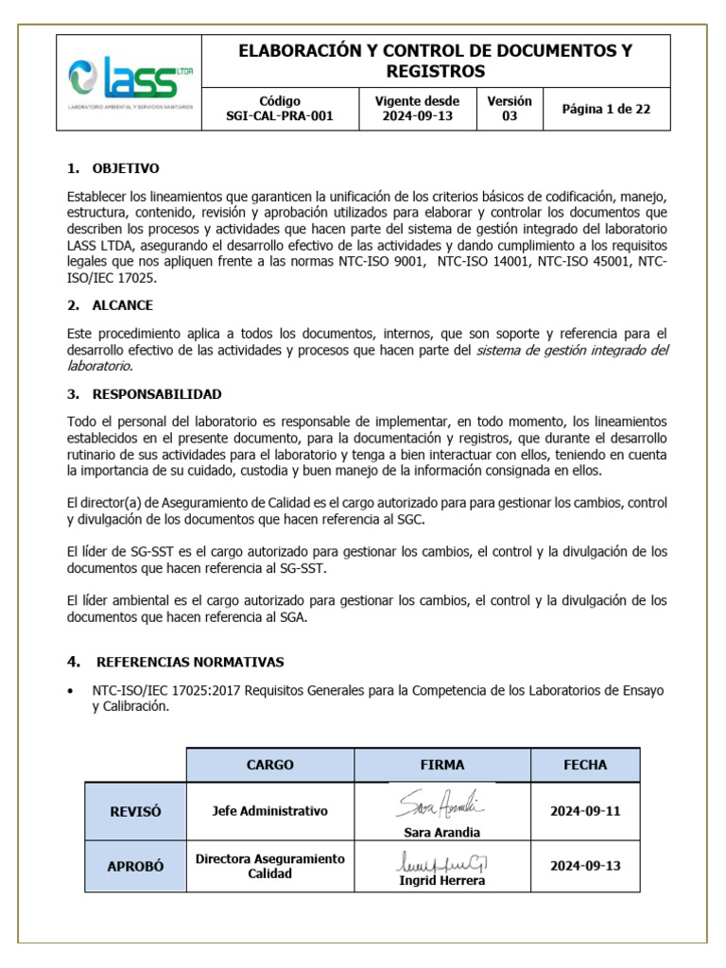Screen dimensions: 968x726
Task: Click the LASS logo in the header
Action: [x=130, y=82]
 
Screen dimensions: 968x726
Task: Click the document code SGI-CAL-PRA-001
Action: [x=280, y=117]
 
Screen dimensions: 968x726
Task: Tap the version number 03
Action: [x=509, y=117]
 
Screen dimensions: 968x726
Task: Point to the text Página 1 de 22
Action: [x=606, y=109]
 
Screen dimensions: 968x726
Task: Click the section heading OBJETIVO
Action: [x=126, y=168]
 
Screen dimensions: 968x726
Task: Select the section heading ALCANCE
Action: [x=122, y=305]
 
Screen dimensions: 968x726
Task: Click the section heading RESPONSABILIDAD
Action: [x=157, y=393]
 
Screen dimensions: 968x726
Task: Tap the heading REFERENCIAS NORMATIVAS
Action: [x=190, y=662]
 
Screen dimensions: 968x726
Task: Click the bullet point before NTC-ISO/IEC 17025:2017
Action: [x=72, y=691]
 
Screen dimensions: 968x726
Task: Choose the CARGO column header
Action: [x=269, y=765]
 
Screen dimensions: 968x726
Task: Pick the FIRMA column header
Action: [x=442, y=765]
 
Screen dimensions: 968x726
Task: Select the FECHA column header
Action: [x=585, y=765]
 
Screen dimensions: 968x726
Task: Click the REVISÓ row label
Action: [x=135, y=811]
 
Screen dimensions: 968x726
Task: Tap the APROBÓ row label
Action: [x=135, y=866]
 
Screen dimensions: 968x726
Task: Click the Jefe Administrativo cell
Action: [x=269, y=811]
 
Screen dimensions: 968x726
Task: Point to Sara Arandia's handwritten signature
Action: [x=440, y=805]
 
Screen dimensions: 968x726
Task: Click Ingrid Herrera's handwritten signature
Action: [x=443, y=862]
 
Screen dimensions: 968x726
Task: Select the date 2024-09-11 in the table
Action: [x=585, y=811]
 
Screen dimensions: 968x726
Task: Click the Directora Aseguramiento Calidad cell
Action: [x=269, y=866]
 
